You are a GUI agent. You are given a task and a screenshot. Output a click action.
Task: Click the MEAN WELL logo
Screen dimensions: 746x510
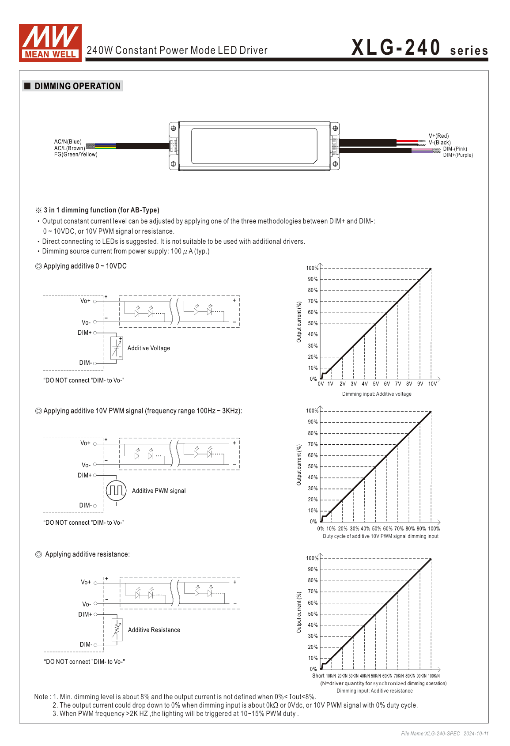pos(50,42)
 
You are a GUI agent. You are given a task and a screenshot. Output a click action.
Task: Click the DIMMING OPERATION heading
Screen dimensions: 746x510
pos(77,86)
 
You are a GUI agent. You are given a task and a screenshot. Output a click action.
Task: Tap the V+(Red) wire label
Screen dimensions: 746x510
pos(438,136)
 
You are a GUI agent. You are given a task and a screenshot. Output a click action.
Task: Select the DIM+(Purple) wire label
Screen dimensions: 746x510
pos(458,155)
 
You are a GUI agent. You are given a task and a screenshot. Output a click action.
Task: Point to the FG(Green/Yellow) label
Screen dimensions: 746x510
pos(76,155)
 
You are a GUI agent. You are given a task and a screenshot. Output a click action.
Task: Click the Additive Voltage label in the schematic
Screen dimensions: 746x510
pos(149,348)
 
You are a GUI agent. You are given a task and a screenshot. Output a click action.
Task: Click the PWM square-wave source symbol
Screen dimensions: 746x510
pos(116,490)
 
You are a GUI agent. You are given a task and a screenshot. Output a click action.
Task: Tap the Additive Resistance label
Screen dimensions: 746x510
pos(154,630)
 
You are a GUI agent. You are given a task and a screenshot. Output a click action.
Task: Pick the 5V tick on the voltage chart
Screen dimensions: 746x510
pos(376,384)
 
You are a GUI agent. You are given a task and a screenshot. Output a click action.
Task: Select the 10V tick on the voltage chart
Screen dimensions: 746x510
pos(432,384)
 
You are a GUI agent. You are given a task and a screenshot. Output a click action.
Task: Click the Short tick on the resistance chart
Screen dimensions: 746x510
pos(318,676)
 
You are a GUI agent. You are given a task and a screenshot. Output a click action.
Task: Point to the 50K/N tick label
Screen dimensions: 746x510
pos(376,676)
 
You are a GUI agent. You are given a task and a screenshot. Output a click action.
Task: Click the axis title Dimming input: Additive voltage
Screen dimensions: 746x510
pos(377,394)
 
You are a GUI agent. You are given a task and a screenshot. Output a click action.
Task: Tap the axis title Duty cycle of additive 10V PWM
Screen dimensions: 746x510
pos(381,536)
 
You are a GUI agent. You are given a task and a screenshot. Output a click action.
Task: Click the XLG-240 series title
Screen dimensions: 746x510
pos(419,48)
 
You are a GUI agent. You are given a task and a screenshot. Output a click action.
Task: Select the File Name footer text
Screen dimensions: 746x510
pos(445,734)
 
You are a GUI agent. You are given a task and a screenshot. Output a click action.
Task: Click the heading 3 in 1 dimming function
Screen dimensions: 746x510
pos(101,210)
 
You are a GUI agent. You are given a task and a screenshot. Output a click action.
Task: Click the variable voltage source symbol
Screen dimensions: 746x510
pos(117,348)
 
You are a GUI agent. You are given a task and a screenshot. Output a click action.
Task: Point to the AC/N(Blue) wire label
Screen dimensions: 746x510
pos(68,142)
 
